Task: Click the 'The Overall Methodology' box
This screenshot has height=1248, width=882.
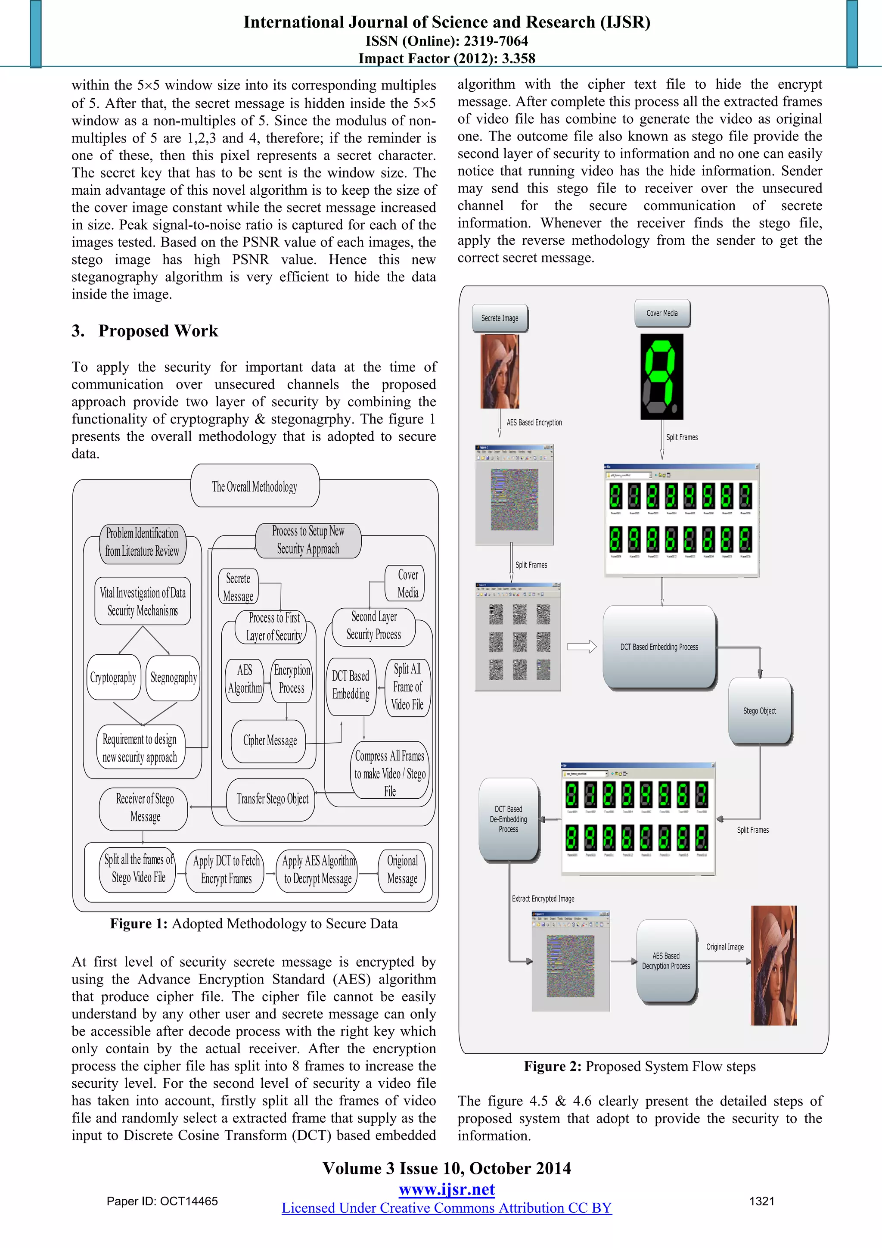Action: [255, 486]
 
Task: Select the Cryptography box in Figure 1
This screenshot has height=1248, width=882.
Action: [113, 677]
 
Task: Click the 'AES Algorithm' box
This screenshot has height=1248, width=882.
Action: [245, 679]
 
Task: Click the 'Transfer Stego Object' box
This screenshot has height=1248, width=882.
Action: [272, 799]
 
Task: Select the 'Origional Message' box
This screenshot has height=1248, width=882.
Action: [402, 869]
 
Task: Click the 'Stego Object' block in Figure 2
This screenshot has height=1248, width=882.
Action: [759, 710]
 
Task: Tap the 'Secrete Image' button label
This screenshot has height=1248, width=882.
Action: [500, 318]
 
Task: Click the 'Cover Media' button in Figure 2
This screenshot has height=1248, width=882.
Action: [662, 313]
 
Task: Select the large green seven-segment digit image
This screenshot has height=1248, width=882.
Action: [661, 376]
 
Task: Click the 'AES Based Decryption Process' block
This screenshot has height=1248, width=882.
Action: [666, 961]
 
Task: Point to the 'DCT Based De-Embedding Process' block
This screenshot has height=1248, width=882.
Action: [508, 819]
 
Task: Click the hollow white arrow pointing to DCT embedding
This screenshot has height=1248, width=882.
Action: [581, 646]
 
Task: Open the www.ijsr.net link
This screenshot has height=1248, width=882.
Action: [447, 1189]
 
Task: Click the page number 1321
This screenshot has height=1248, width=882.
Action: [761, 1201]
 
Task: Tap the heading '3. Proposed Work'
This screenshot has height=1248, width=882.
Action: [145, 330]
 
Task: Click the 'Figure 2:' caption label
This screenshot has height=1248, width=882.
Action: [552, 1066]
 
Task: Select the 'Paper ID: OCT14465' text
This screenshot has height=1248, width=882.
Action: [162, 1201]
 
